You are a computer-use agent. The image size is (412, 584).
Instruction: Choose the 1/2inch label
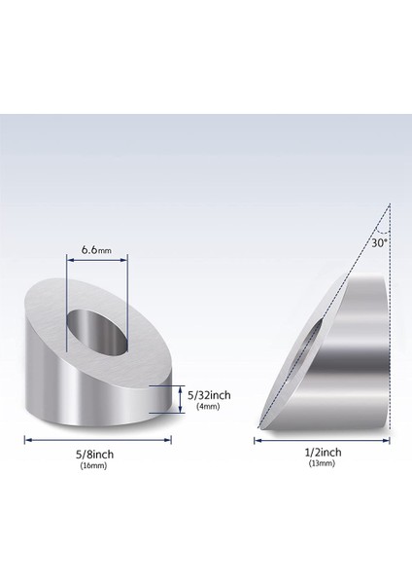coord(322,453)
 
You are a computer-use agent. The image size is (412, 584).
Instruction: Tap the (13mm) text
coord(322,465)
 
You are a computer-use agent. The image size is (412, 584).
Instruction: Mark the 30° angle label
coord(379,242)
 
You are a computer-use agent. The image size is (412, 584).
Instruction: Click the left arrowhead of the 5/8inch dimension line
coord(27,440)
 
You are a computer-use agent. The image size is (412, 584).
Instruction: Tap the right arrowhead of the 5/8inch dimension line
coord(169,440)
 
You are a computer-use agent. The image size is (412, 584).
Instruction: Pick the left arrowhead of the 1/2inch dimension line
coord(257,440)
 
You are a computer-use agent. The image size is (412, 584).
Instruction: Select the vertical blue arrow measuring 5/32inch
coord(180,400)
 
